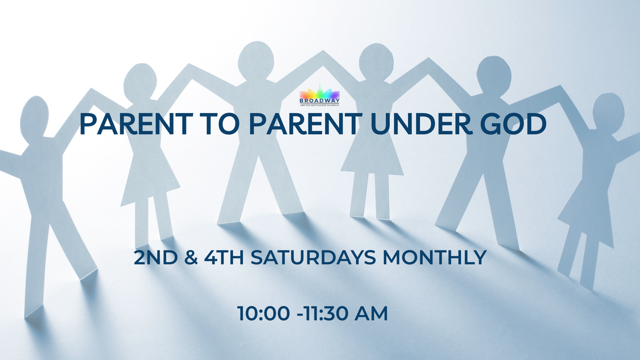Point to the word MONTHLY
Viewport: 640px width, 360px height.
point(435,258)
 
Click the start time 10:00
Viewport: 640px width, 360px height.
point(263,314)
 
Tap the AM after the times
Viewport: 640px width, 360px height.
point(371,314)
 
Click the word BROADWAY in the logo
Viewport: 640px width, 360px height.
point(320,101)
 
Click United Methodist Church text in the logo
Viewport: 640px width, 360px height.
point(320,105)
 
